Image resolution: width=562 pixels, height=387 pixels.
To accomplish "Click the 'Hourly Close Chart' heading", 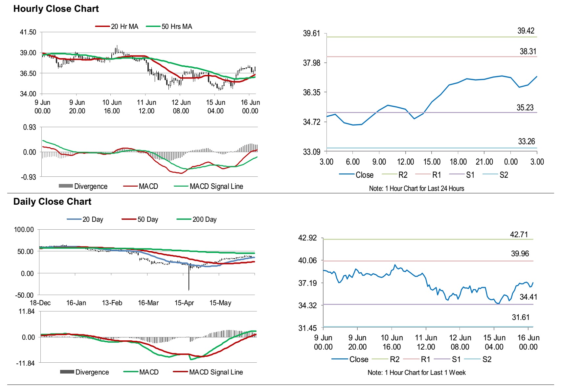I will pos(56,9).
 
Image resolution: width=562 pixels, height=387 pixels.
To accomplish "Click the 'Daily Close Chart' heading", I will pos(52,202).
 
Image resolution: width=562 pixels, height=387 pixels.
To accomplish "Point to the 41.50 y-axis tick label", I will pos(28,32).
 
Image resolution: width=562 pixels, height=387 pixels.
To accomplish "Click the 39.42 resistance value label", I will pos(526,31).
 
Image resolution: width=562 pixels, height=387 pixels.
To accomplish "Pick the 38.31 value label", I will pos(528,52).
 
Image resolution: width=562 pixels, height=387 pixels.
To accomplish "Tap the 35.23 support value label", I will pos(525,108).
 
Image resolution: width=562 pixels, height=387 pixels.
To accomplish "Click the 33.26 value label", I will pos(526,142).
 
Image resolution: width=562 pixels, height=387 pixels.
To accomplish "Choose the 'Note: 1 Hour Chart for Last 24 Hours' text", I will pos(416,189).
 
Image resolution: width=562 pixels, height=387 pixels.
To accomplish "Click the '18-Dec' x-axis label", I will pos(40,303).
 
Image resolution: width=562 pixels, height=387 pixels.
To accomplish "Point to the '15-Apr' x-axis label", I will pos(184,303).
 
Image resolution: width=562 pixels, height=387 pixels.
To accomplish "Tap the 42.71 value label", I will pos(519,235).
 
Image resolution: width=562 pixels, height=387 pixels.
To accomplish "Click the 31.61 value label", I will pos(521,317).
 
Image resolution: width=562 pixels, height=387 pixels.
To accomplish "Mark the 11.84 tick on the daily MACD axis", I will pos(27,311).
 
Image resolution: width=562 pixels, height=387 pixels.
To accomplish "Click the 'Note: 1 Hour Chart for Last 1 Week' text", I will pos(416,373).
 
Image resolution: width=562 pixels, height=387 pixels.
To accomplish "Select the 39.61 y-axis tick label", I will pos(311,34).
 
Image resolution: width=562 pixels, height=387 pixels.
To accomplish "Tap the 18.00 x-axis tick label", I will pos(458,162).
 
